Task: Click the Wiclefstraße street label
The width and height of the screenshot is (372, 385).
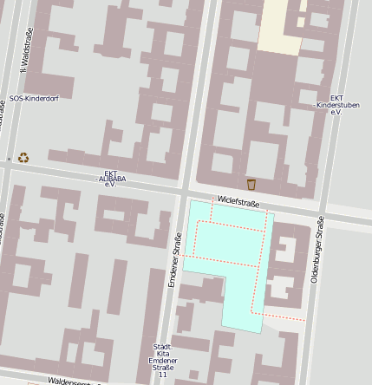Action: (x=238, y=202)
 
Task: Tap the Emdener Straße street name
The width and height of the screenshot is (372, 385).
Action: (x=175, y=259)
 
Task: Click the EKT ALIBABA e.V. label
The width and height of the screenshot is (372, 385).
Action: (x=110, y=178)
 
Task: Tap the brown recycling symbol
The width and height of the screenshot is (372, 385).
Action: (x=23, y=158)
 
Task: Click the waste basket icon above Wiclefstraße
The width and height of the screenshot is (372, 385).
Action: (x=251, y=184)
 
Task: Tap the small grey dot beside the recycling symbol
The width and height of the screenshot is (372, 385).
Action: (x=9, y=159)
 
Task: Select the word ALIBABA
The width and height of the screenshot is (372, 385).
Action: (x=112, y=179)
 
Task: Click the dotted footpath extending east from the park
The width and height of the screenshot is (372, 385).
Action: (x=284, y=316)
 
